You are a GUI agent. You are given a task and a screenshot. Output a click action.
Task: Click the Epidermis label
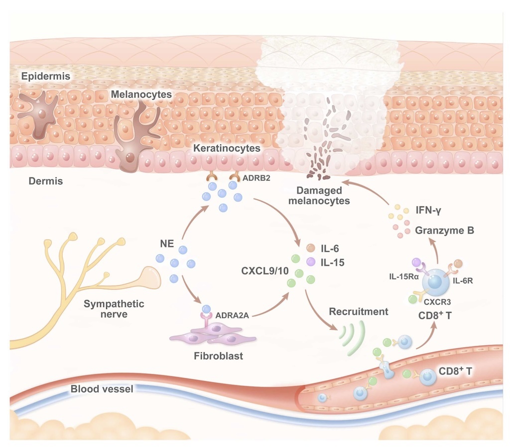pos(45,76)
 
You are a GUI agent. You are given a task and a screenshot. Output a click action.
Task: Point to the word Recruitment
pos(358,312)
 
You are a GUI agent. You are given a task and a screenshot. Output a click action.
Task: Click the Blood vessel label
pos(102,389)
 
